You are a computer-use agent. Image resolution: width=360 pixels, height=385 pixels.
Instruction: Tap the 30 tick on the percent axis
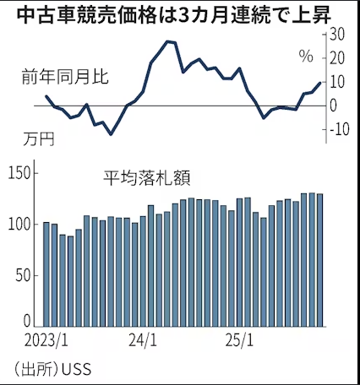(x=335, y=35)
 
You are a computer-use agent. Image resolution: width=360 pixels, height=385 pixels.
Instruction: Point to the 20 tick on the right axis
(x=335, y=58)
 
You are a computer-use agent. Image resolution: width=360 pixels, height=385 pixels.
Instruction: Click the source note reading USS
(x=55, y=369)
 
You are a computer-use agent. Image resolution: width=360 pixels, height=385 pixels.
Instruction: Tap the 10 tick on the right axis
(x=335, y=82)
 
